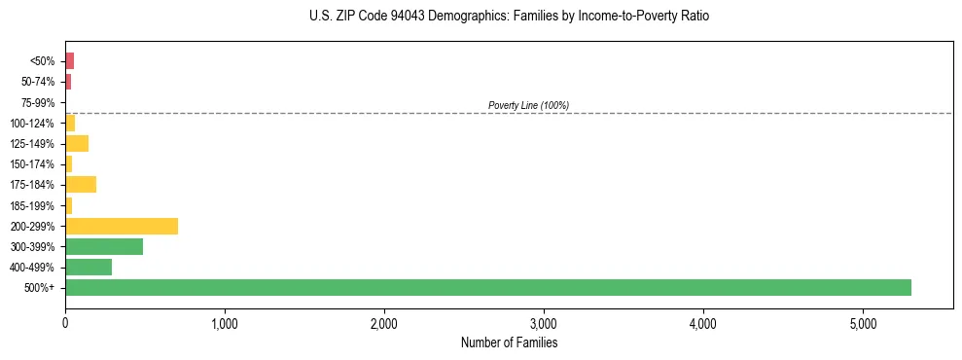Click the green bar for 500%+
click(487, 287)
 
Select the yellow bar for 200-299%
click(122, 226)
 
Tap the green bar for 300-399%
click(104, 246)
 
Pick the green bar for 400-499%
click(89, 267)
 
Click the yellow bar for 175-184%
click(81, 185)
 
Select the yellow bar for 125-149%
click(77, 143)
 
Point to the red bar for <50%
click(70, 61)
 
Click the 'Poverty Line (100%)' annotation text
click(528, 105)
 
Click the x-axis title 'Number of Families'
click(509, 342)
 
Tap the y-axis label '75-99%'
click(38, 102)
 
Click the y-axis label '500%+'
click(41, 288)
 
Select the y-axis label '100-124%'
click(33, 124)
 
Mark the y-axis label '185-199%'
click(33, 205)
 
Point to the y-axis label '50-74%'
click(38, 82)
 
